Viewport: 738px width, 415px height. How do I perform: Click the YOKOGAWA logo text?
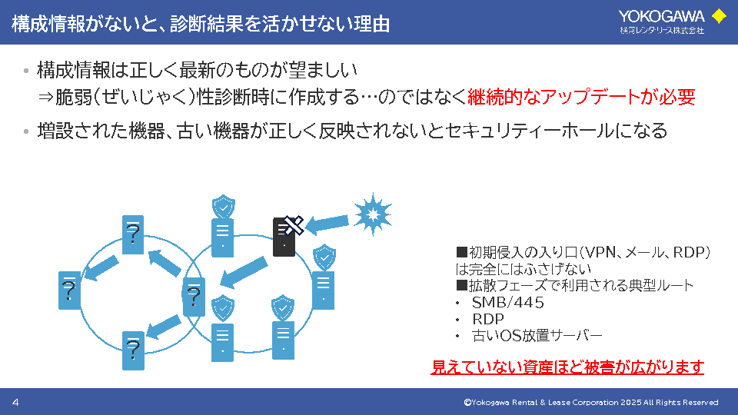662,15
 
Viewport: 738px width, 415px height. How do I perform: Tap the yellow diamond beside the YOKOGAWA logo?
719,16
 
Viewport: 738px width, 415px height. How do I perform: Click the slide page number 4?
15,403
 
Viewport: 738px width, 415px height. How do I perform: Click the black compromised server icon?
284,237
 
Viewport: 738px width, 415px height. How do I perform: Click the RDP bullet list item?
488,319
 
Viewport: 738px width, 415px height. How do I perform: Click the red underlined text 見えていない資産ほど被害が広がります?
567,367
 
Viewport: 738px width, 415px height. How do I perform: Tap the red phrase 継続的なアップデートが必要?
581,97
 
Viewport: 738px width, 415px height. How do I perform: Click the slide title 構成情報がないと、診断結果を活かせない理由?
201,24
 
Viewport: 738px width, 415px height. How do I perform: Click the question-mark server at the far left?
70,290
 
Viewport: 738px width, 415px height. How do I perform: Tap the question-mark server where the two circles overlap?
194,296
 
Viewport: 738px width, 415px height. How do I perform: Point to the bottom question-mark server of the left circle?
133,350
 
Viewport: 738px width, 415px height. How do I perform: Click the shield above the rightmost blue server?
324,257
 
